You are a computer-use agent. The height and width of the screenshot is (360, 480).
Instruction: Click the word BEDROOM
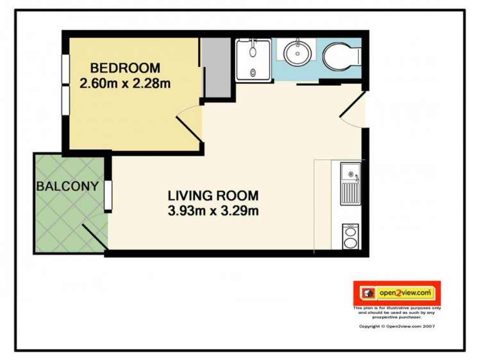coord(124,68)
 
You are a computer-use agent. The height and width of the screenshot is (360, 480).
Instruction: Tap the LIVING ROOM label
coord(213,196)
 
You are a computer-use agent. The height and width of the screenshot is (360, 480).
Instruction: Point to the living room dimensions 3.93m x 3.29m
coord(213,210)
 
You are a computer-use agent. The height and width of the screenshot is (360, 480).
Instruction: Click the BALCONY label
coord(67,187)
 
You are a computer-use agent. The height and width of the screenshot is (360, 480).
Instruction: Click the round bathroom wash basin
coord(297,52)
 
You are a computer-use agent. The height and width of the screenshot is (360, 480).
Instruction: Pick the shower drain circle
coord(252,73)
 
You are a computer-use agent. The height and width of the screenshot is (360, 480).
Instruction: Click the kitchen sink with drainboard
coord(351,183)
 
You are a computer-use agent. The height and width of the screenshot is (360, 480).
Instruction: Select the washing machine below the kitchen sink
coord(351,236)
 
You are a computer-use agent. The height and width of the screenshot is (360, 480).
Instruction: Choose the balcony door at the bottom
coord(95,236)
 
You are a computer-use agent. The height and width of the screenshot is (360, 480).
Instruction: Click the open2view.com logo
coord(397,293)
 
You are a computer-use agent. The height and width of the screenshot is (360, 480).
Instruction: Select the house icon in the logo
coord(368,293)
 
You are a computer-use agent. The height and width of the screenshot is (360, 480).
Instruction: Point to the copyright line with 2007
coord(397,326)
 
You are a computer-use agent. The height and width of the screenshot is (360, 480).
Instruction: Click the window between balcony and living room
coord(108,196)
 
